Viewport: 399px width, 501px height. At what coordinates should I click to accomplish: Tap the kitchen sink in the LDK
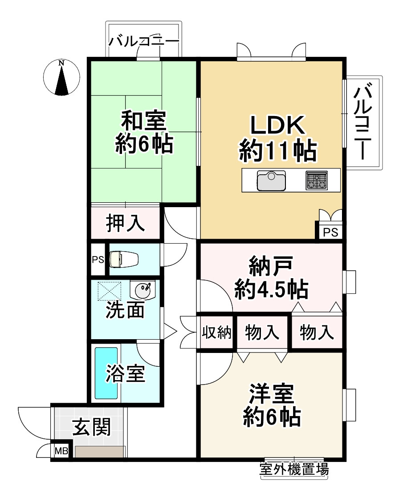pyautogui.click(x=271, y=180)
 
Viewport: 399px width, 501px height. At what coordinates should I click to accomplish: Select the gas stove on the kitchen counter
pyautogui.click(x=316, y=180)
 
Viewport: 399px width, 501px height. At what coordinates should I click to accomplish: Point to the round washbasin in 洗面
pyautogui.click(x=142, y=291)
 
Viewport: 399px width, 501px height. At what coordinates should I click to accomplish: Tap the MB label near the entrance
pyautogui.click(x=61, y=452)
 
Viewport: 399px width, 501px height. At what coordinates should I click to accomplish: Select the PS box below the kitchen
pyautogui.click(x=330, y=232)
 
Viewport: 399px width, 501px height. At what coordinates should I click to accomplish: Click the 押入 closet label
pyautogui.click(x=125, y=224)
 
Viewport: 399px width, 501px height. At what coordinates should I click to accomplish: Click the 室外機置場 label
pyautogui.click(x=294, y=469)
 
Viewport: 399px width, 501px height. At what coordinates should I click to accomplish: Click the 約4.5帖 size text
pyautogui.click(x=271, y=290)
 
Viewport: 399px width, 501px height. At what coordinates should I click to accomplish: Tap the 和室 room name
pyautogui.click(x=144, y=120)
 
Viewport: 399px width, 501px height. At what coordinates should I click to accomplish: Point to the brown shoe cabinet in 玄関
pyautogui.click(x=99, y=452)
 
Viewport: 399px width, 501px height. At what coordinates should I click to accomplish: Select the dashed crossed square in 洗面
pyautogui.click(x=110, y=291)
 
